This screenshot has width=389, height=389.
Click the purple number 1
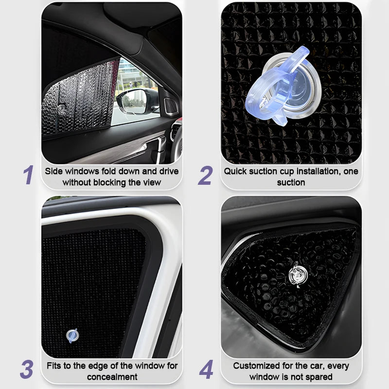[29, 175]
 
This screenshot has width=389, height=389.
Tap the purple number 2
[205, 175]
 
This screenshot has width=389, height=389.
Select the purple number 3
[27, 369]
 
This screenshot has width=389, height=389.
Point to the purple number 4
[206, 369]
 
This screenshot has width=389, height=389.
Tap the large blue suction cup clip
[283, 86]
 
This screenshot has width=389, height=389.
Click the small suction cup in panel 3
[72, 336]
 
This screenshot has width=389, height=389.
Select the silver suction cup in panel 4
[298, 275]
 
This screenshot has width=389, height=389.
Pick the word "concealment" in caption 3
[112, 377]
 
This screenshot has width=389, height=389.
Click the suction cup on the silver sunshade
[61, 108]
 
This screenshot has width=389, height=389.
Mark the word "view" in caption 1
[152, 183]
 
